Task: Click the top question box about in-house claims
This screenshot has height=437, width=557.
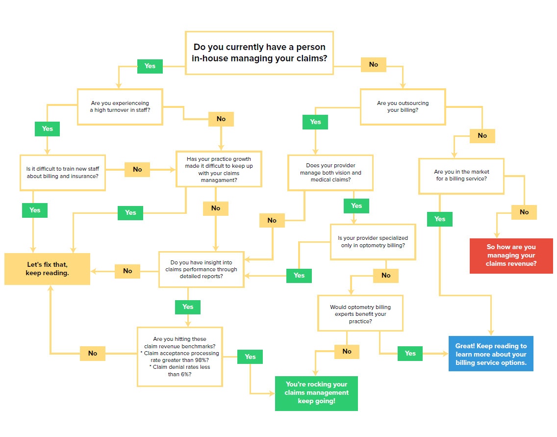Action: click(259, 53)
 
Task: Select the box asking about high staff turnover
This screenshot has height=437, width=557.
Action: click(120, 106)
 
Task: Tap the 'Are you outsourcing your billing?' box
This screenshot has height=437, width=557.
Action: click(403, 106)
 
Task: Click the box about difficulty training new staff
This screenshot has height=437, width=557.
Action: click(62, 172)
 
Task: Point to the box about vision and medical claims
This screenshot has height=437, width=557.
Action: click(330, 173)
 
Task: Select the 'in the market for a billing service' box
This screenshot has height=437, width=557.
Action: click(461, 176)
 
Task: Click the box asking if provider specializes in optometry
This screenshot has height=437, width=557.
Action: click(373, 241)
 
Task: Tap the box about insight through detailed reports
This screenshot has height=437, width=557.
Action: click(201, 269)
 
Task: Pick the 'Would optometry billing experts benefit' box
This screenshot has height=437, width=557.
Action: click(360, 313)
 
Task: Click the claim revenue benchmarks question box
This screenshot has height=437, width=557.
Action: click(179, 357)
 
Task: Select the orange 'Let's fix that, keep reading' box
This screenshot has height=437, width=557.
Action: click(48, 269)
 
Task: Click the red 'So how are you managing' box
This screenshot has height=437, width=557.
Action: click(511, 256)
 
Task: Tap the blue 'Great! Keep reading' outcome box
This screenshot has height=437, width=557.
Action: click(491, 354)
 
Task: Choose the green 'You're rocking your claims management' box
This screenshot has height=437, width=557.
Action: click(316, 393)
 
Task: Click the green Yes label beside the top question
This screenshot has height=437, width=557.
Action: click(150, 66)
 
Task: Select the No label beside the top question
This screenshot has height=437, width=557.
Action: click(374, 64)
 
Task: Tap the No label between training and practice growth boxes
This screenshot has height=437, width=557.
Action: click(137, 169)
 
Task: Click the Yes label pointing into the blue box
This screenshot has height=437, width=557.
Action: click(410, 353)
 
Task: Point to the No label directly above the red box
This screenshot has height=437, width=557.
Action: click(524, 212)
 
